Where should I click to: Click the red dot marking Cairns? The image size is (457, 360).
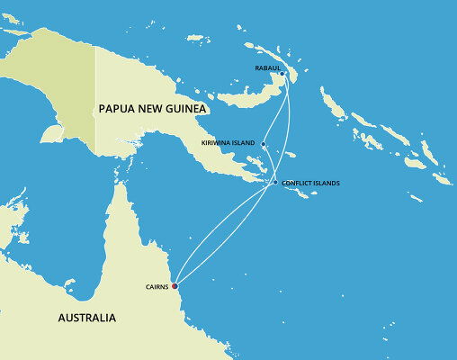coord(175,286)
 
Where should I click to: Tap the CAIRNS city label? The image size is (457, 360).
coord(156,287)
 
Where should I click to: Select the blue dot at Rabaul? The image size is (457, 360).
coord(282,74)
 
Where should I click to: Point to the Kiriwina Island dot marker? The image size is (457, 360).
coord(264,144)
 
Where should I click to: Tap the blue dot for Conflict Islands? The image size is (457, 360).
coord(275,184)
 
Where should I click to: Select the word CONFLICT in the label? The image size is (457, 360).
coord(296,184)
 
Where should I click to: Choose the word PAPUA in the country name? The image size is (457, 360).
coord(118,109)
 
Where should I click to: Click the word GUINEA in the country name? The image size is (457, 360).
coord(184,109)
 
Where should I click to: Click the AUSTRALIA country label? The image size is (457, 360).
coord(86,318)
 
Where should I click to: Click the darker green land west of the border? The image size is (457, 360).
coord(72,90)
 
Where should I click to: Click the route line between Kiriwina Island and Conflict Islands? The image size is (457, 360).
coord(270,165)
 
